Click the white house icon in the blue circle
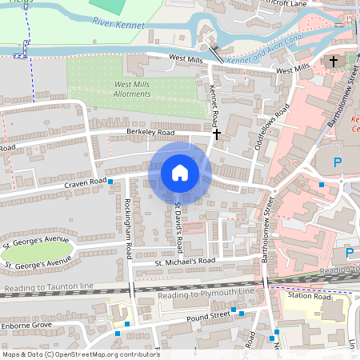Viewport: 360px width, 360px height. pyautogui.click(x=180, y=173)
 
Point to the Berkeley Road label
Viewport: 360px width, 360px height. pyautogui.click(x=150, y=132)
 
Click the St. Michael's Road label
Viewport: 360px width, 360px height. pyautogui.click(x=186, y=261)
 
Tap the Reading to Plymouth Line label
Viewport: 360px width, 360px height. pyautogui.click(x=207, y=293)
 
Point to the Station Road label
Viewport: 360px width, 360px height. pyautogui.click(x=310, y=297)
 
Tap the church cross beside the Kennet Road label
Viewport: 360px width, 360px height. pyautogui.click(x=216, y=135)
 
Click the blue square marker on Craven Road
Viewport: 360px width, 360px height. pyautogui.click(x=111, y=182)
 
